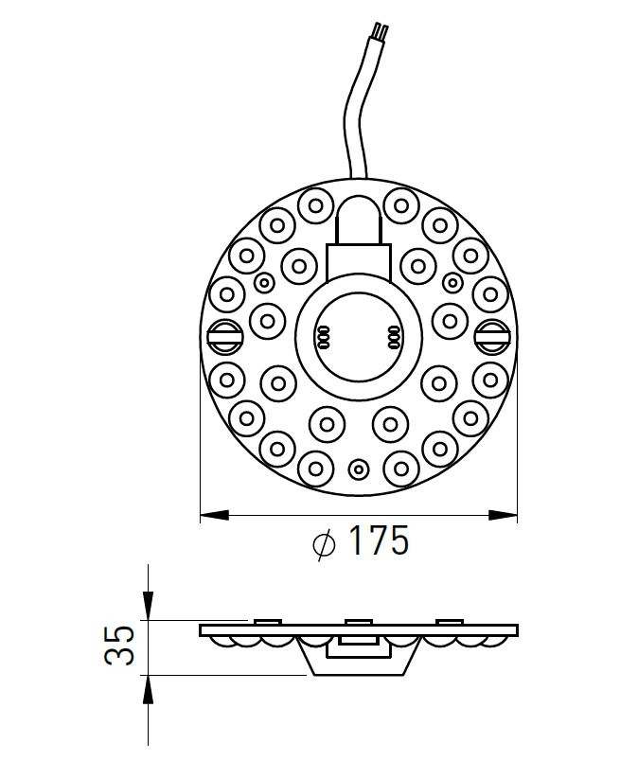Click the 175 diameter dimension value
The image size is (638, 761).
(379, 540)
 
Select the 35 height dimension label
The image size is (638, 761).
(119, 645)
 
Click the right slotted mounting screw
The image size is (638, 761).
(493, 336)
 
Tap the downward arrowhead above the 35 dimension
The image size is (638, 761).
(149, 606)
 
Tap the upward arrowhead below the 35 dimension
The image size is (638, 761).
(149, 689)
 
